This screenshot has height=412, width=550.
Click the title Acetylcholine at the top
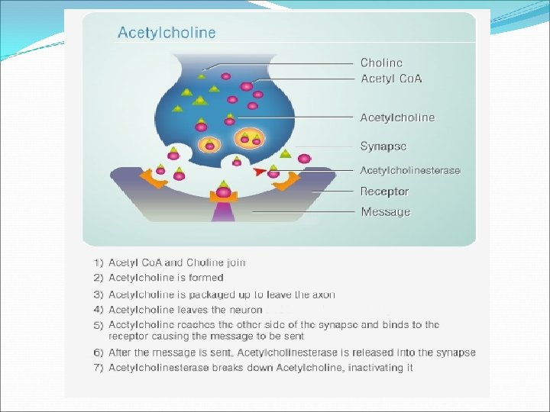pos(167,33)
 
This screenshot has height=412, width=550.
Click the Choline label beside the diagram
pos(381,63)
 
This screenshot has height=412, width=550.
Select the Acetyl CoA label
pos(392,79)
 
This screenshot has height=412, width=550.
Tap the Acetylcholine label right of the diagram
pos(398,117)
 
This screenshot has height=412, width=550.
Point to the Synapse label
pos(383,146)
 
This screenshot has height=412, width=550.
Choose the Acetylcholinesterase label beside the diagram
pos(410,170)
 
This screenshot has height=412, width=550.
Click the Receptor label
pos(385,192)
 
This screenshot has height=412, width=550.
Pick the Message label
pos(386,211)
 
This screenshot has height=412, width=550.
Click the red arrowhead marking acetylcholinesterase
pos(262,171)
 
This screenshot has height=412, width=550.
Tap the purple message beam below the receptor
pos(223,213)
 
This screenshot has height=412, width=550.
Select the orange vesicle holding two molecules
pos(249,139)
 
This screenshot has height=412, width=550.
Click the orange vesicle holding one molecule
pos(208,143)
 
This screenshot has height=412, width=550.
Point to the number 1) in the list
pos(99,262)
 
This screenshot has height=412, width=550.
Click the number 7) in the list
pos(99,367)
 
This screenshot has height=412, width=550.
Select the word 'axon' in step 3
pos(323,295)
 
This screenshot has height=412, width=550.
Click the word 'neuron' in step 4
pos(245,310)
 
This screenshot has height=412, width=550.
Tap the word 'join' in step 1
pos(235,262)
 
